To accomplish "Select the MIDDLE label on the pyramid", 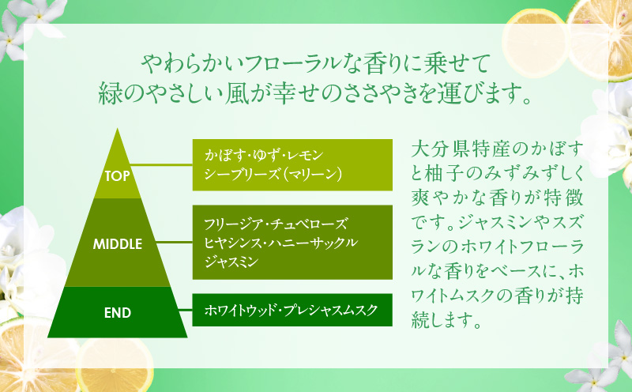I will pos(117,243).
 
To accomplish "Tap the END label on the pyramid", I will pos(117,312).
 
